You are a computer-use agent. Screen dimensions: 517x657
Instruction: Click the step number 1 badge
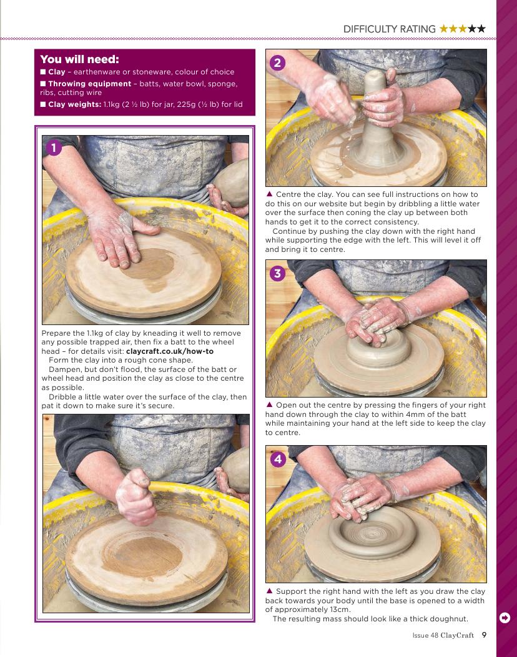[53, 148]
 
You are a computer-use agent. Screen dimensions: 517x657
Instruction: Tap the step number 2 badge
[277, 63]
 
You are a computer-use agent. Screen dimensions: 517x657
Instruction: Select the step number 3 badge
[277, 274]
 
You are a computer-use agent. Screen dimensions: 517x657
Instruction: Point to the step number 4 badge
[278, 459]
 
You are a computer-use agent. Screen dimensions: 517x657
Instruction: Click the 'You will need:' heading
[79, 59]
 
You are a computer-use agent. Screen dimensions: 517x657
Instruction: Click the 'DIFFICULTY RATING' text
[390, 29]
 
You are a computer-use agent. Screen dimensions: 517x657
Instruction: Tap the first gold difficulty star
[443, 29]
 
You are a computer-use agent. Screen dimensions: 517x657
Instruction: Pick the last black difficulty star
[481, 29]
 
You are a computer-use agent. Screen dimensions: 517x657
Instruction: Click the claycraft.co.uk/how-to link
[170, 351]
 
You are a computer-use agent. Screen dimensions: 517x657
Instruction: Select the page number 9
[484, 634]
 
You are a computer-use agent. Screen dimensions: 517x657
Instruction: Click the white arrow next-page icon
[505, 618]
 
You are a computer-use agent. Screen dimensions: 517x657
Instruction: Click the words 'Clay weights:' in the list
[74, 104]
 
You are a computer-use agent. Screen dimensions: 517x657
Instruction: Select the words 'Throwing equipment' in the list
[89, 84]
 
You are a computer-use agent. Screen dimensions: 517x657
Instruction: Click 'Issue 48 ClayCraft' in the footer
[443, 635]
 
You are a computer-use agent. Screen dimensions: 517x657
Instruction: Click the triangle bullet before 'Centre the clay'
[269, 194]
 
